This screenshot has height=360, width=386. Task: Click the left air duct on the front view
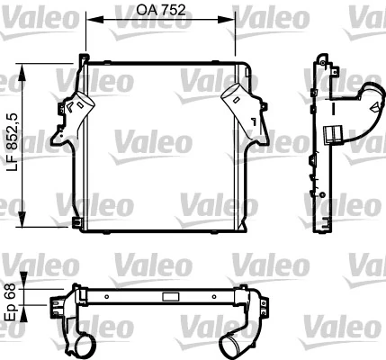tap(74, 112)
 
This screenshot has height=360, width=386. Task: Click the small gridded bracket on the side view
tap(332, 136)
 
